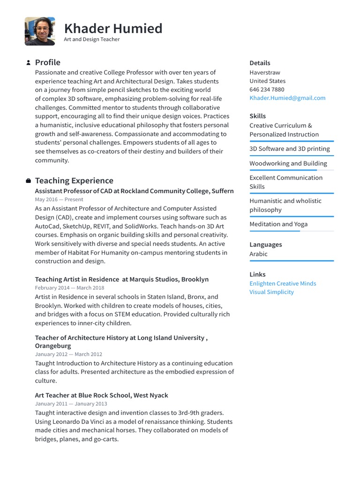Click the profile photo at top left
[40, 31]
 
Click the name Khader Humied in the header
[113, 29]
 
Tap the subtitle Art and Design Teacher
[92, 39]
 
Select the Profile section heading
[48, 62]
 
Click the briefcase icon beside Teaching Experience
[28, 181]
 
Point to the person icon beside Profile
[28, 63]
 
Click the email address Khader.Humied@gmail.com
[287, 98]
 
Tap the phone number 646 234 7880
[267, 90]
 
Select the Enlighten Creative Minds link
[283, 284]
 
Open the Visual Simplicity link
[271, 292]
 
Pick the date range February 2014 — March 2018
[70, 288]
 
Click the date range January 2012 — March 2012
[68, 354]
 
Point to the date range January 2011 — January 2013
[71, 404]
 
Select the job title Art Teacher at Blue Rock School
[101, 395]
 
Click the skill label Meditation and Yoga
[278, 224]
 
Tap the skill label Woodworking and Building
[288, 164]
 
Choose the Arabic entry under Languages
[258, 254]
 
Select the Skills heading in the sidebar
[257, 116]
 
